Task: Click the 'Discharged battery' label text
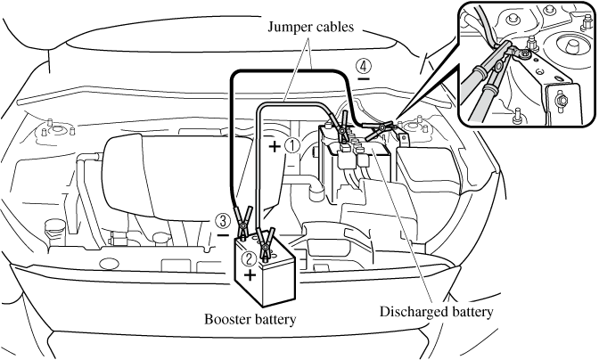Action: click(x=436, y=312)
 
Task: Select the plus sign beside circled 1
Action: click(x=274, y=143)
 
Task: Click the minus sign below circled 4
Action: click(x=364, y=80)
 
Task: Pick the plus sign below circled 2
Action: click(x=250, y=277)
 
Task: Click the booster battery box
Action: click(x=263, y=272)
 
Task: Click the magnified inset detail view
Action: click(x=526, y=62)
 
